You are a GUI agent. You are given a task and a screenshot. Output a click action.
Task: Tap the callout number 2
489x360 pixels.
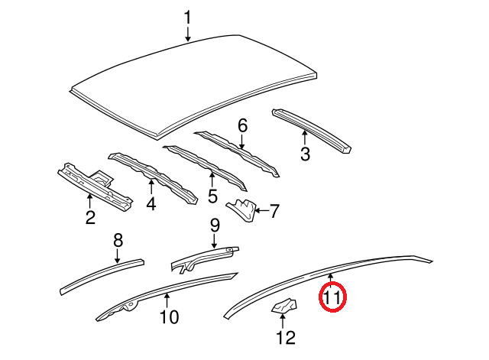(x=89, y=219)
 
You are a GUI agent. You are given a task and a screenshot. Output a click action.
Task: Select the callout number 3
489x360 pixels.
(x=305, y=155)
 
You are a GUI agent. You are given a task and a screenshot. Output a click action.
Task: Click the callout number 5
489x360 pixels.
(x=212, y=196)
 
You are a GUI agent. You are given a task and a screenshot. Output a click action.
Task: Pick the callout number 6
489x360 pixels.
(x=243, y=125)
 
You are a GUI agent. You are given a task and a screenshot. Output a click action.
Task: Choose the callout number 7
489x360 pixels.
(x=275, y=209)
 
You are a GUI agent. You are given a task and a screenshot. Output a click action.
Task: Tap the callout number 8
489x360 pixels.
(x=118, y=241)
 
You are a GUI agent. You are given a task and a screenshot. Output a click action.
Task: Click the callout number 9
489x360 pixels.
(x=215, y=225)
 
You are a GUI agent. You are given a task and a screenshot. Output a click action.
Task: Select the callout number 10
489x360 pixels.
(x=168, y=316)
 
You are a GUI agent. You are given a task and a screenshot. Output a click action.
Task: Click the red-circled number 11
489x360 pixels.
(x=332, y=297)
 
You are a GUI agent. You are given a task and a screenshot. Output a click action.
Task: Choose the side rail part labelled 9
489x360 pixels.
(x=203, y=258)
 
